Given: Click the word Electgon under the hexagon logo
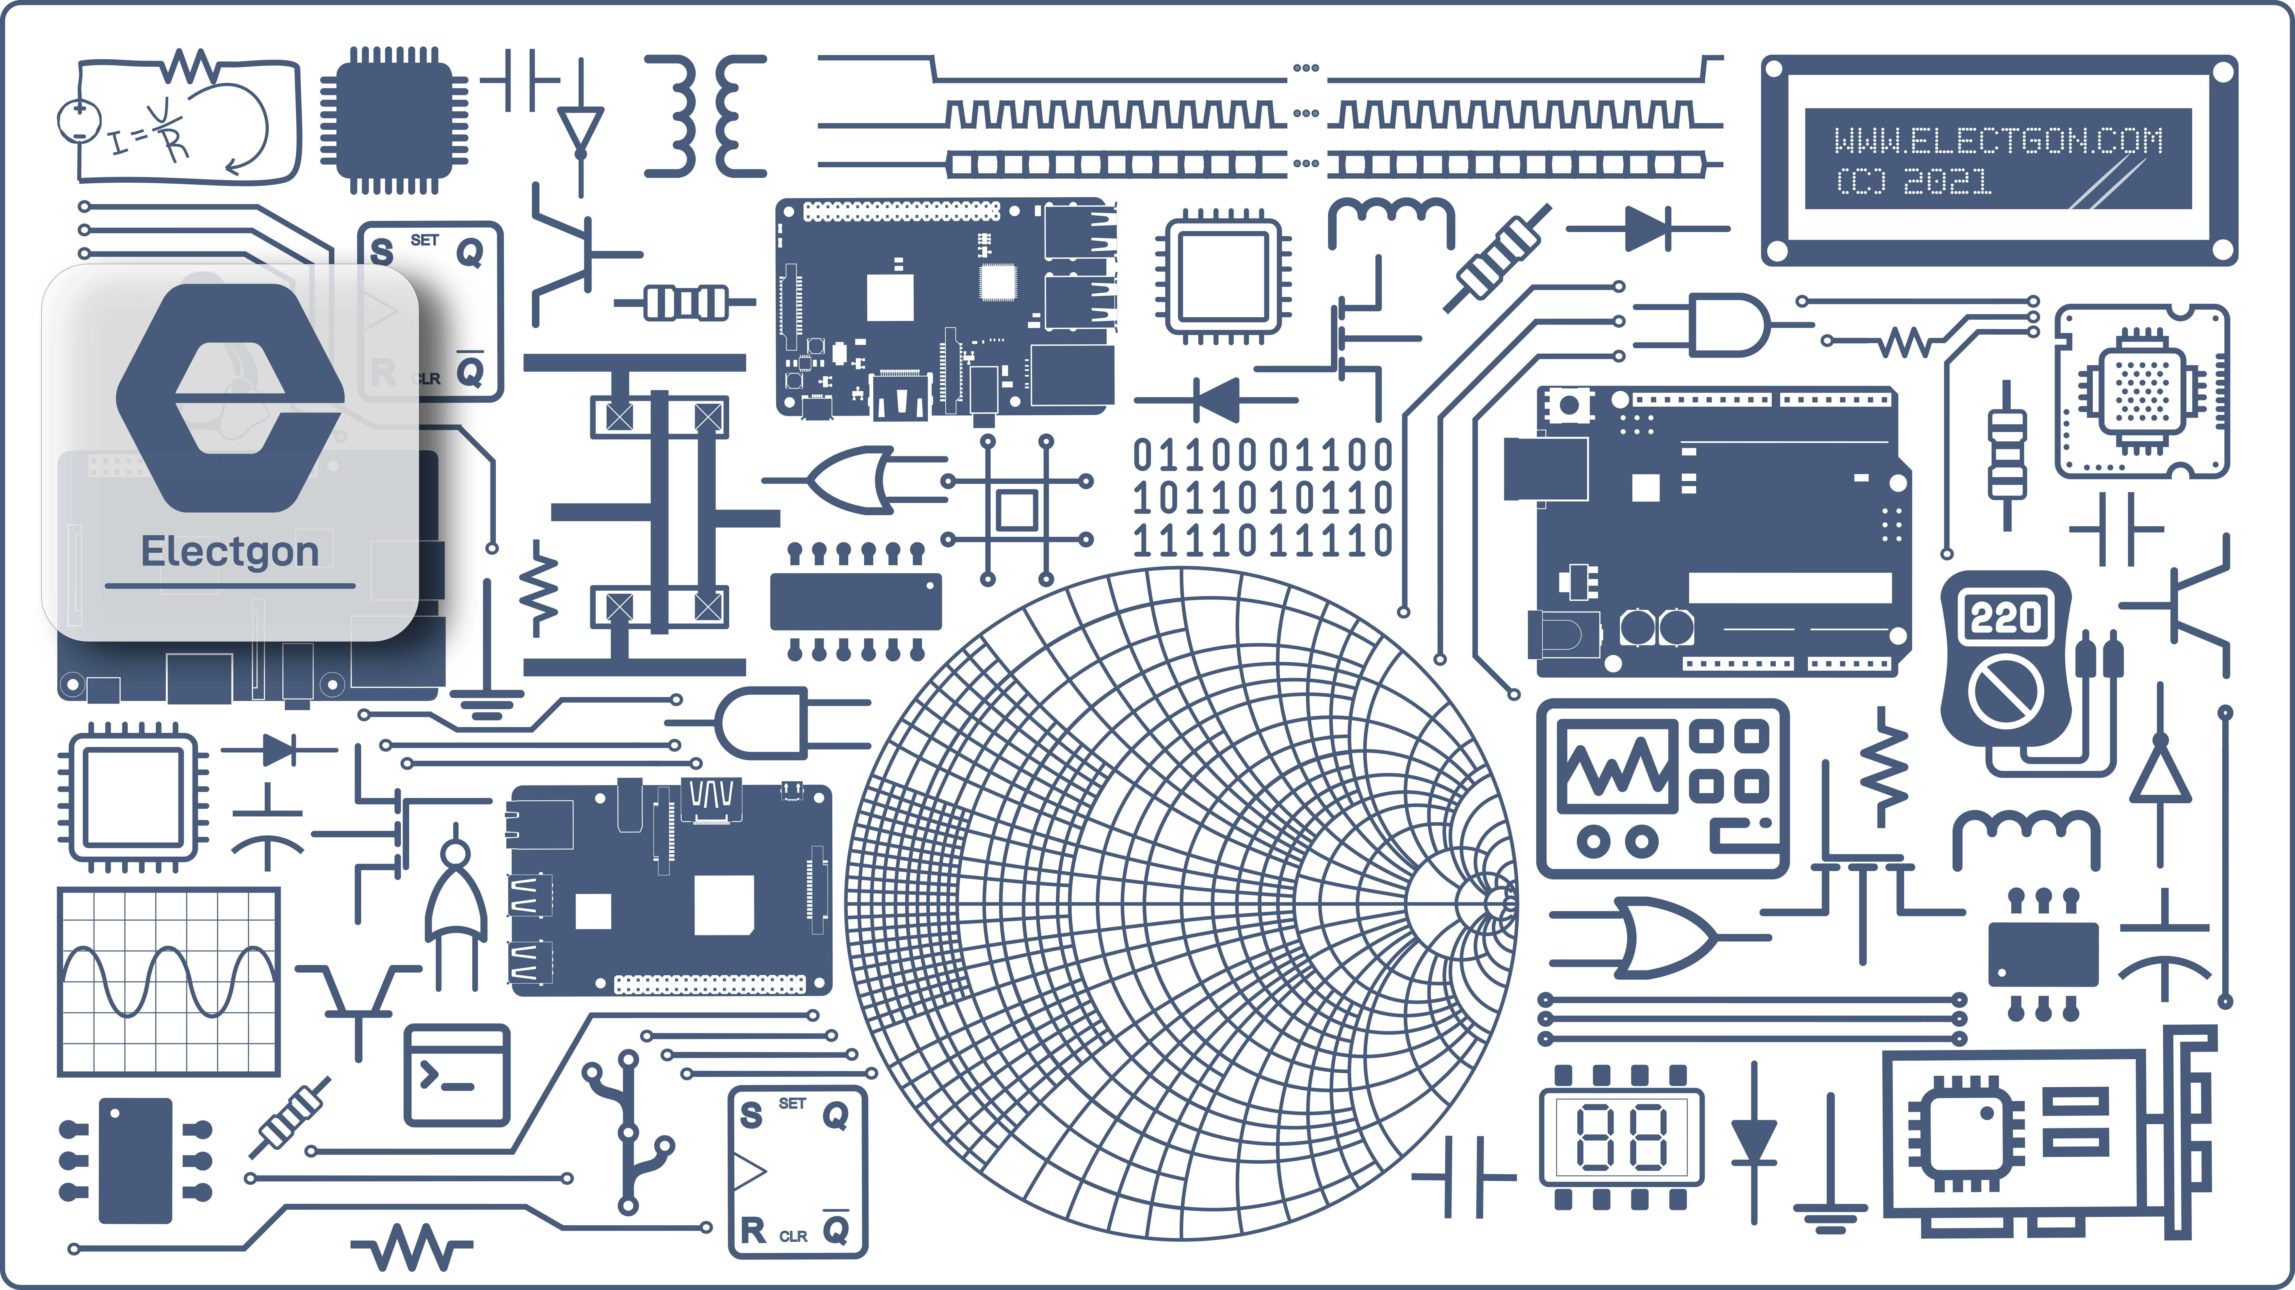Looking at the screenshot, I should pos(230,551).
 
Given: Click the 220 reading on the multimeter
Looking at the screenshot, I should pos(2004,617).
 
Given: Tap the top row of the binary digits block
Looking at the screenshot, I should pos(1262,455).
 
